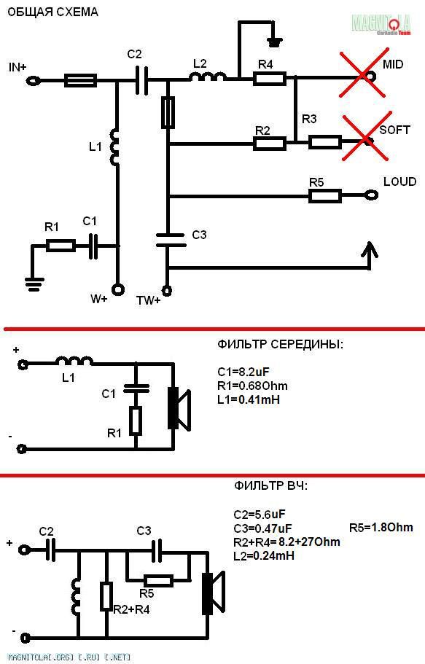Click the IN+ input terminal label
pos(17,67)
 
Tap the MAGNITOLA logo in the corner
pos(381,24)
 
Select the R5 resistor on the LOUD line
pos(325,196)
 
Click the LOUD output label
pos(399,181)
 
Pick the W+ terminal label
pos(99,299)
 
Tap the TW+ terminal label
pos(148,301)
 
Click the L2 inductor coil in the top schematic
pos(207,77)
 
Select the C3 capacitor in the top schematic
pos(171,240)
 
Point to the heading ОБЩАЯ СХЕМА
pos(53,12)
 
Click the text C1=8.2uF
pos(243,372)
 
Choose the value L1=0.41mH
pos(249,399)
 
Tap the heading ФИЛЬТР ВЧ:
pos(270,485)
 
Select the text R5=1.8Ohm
pos(381,527)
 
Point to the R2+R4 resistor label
pos(131,610)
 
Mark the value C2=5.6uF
pos(260,515)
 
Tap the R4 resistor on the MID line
pos(270,79)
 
